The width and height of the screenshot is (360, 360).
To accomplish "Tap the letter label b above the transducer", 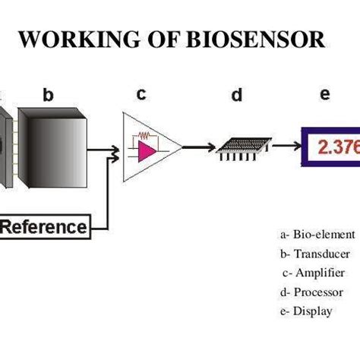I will point(48,95).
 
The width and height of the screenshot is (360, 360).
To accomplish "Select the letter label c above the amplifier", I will point(141,93).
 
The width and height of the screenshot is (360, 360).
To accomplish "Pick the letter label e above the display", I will point(325,94).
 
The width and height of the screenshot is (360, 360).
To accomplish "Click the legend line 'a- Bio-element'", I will point(312,235).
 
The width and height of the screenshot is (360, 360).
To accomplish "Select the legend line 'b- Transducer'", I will point(312,254).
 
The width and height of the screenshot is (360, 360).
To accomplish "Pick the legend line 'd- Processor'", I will point(312,292).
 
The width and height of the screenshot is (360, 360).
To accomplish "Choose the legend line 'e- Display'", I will point(307,311).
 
